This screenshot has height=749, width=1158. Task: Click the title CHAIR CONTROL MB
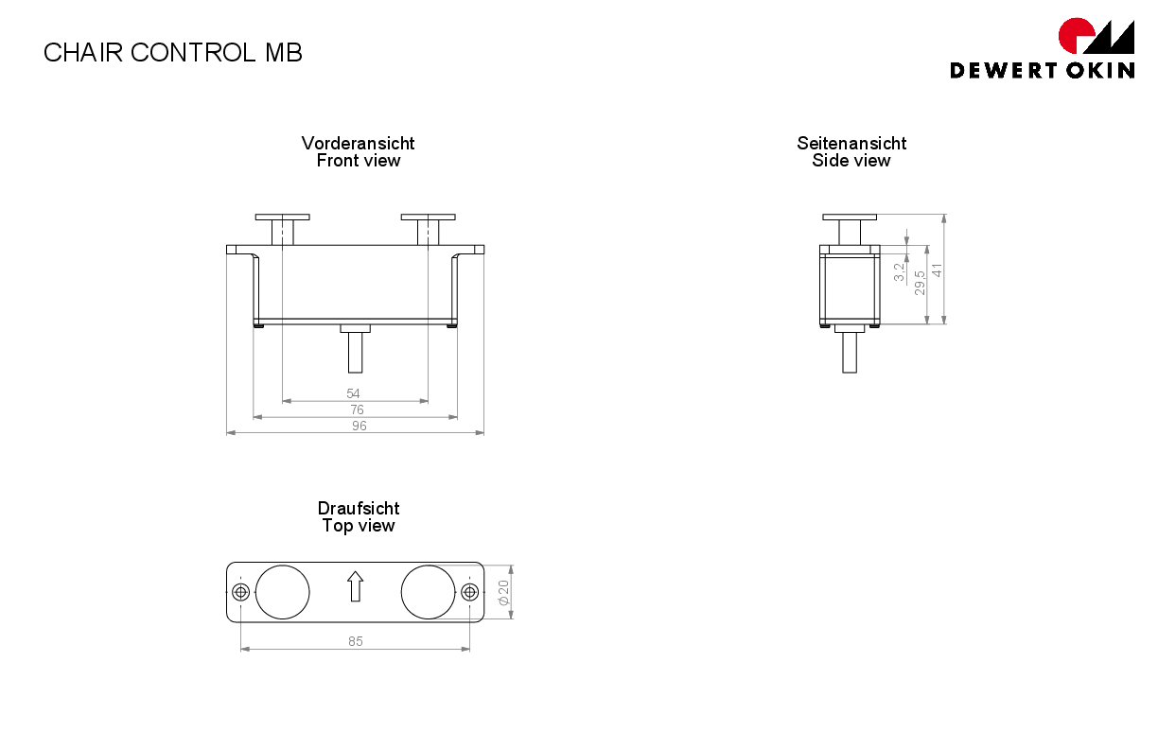point(173,53)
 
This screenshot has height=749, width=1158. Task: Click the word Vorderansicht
point(358,143)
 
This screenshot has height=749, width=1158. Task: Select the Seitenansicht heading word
point(851,143)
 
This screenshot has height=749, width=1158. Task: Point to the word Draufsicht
point(359,508)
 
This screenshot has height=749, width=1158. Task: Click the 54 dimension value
point(353,393)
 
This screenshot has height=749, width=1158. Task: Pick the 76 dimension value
point(357,409)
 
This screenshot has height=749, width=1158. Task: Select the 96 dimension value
point(360,426)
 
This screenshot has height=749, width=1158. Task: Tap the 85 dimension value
point(355,641)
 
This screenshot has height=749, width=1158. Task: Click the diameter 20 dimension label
point(503,592)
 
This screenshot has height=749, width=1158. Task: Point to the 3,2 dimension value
point(899,272)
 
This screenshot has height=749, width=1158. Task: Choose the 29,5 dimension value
point(920,283)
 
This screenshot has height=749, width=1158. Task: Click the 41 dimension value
point(937,270)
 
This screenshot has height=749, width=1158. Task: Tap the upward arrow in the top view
point(355,586)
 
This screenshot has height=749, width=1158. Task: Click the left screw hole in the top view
point(241,592)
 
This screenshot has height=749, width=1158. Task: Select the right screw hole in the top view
point(469,592)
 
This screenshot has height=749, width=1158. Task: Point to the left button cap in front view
point(282,218)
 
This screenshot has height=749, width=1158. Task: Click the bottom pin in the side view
point(850,353)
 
